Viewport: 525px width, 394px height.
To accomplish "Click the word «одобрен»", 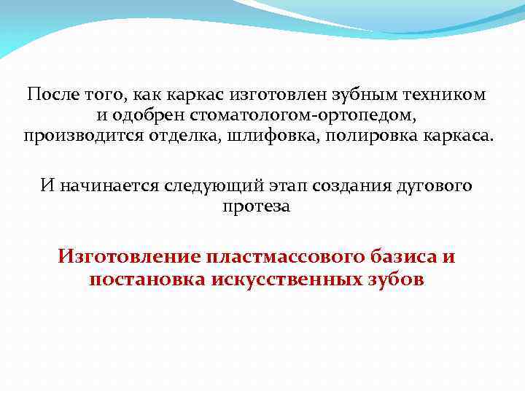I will coord(146,115).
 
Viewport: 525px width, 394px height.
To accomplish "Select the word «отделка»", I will coord(179,136).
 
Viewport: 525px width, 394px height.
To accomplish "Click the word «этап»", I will coord(284,185).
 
